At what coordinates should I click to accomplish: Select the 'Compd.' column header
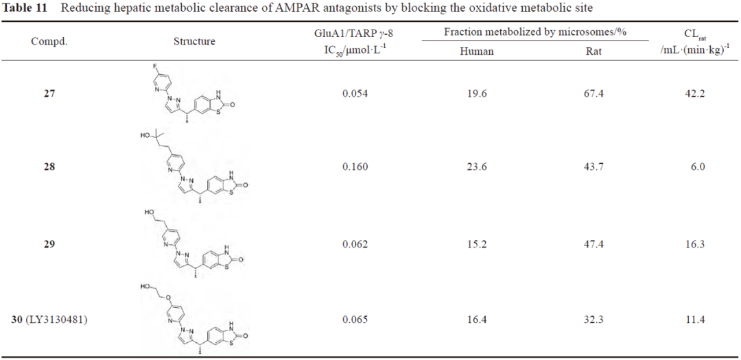click(x=49, y=41)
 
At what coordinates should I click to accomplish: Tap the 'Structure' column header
click(x=194, y=41)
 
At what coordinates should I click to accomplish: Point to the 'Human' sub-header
click(x=476, y=51)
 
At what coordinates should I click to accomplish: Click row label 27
click(x=49, y=93)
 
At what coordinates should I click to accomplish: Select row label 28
click(x=49, y=167)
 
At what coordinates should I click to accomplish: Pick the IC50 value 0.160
click(x=355, y=167)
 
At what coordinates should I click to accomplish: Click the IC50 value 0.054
click(x=355, y=93)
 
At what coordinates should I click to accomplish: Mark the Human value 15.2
click(x=476, y=244)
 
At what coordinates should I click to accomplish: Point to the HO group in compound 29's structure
click(x=149, y=213)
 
